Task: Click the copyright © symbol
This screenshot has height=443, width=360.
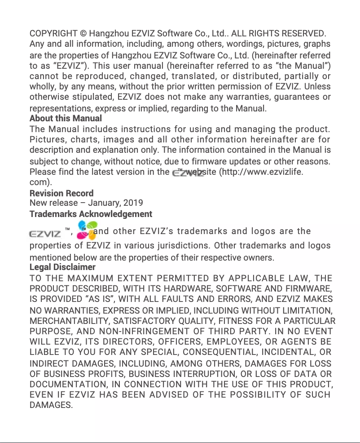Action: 83,34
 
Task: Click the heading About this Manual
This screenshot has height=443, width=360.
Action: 66,119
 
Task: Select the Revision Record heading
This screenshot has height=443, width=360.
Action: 61,194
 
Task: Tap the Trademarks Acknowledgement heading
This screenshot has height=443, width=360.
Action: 91,214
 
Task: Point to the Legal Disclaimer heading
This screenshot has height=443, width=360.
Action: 62,267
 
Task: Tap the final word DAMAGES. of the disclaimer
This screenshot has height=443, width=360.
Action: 51,405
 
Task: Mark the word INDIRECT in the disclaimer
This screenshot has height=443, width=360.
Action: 49,364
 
